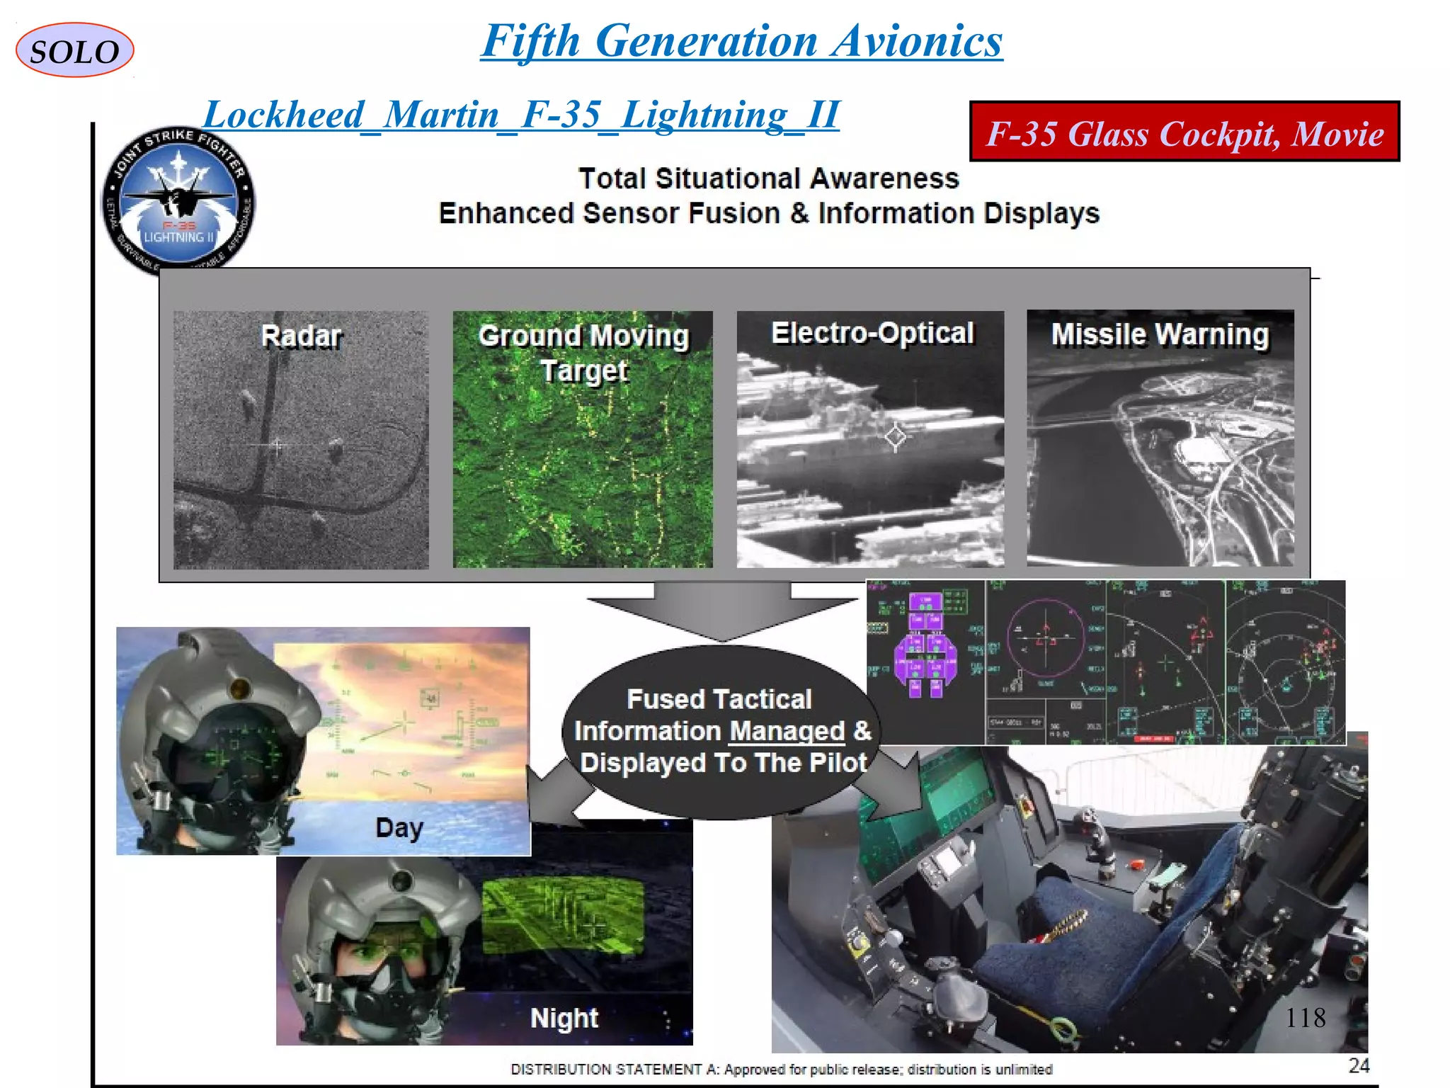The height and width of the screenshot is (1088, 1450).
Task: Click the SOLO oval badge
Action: (x=74, y=50)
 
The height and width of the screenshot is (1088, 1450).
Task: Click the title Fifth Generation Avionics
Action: (x=741, y=41)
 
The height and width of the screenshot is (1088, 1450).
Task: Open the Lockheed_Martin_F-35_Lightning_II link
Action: (x=521, y=115)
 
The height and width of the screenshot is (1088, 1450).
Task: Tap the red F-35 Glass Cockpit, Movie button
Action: (x=1184, y=132)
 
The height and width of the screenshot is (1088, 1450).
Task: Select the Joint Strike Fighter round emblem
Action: (x=178, y=201)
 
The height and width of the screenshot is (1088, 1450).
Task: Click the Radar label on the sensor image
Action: (x=301, y=336)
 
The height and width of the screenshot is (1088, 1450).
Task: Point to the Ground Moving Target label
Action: (x=583, y=353)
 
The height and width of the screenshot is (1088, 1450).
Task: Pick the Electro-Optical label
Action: (x=872, y=333)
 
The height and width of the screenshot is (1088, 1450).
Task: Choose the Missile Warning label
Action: (x=1160, y=334)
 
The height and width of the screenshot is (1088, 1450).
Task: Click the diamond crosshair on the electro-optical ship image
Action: (x=895, y=436)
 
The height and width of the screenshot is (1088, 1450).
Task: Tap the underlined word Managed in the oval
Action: (x=787, y=731)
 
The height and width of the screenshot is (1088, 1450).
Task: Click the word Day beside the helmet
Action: (x=399, y=827)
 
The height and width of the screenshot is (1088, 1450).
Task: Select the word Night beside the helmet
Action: (x=564, y=1018)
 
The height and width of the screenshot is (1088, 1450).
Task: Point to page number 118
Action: (x=1305, y=1018)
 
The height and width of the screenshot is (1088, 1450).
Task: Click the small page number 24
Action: (x=1359, y=1065)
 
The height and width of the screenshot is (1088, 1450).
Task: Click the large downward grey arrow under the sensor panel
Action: (x=721, y=610)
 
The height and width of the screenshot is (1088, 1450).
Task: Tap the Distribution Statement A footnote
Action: (x=782, y=1069)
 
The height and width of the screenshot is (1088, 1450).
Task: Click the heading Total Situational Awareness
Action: (x=768, y=178)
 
